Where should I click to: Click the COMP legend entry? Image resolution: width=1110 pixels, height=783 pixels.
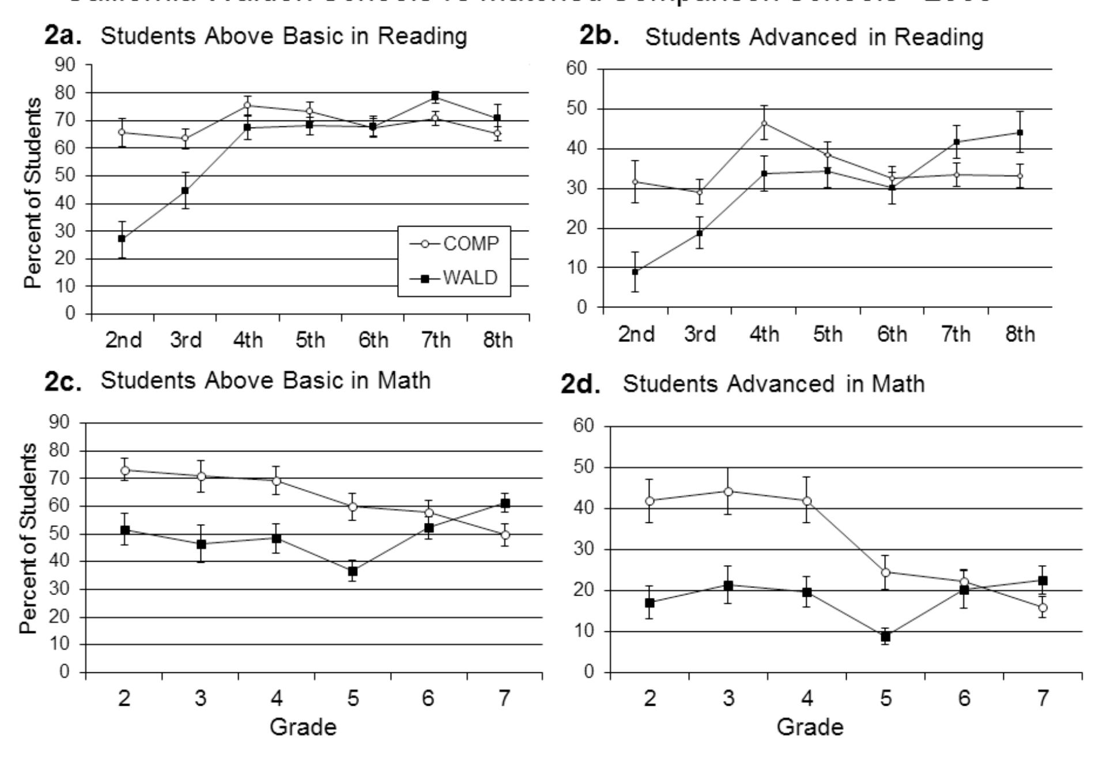[x=454, y=244]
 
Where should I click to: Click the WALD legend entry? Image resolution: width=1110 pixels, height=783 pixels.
[x=454, y=278]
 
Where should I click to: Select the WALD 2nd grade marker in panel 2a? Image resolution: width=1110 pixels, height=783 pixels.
[x=122, y=238]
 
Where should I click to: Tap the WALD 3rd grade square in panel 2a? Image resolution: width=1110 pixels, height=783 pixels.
[x=185, y=190]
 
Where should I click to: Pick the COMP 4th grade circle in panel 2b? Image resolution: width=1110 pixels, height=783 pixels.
[x=764, y=123]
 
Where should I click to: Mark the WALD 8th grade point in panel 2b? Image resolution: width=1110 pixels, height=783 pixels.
[x=1020, y=133]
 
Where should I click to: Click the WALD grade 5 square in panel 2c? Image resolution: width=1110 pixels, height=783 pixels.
[x=353, y=571]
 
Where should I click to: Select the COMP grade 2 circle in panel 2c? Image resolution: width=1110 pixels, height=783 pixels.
[x=125, y=470]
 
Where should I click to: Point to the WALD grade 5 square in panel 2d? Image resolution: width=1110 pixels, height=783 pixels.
[x=885, y=637]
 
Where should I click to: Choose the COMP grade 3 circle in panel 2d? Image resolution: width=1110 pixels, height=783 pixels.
[x=728, y=491]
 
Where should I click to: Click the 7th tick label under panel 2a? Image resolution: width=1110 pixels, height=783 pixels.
[x=435, y=340]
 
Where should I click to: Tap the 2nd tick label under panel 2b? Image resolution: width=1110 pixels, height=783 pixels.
[x=636, y=334]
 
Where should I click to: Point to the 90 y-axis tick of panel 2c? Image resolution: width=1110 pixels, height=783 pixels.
[x=59, y=422]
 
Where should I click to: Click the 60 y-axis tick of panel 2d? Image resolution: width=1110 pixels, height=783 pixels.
[x=583, y=426]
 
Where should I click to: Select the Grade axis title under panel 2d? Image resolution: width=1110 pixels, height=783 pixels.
[x=810, y=726]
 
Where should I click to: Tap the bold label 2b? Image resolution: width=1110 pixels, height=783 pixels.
[x=599, y=36]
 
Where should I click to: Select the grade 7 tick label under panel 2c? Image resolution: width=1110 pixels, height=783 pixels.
[x=504, y=698]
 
